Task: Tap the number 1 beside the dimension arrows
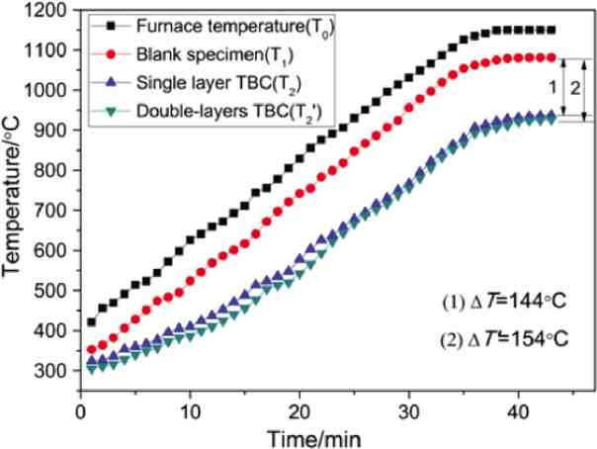554,87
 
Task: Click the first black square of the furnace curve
91,321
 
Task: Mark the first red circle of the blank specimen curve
91,348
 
